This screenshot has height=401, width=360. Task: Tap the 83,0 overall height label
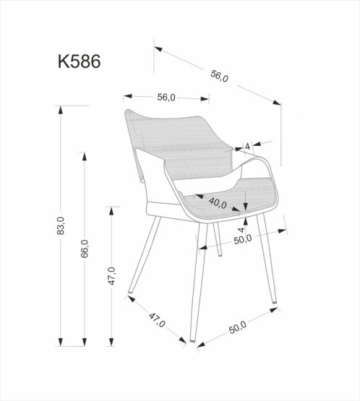[61, 227]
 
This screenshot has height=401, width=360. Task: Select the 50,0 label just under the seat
[241, 238]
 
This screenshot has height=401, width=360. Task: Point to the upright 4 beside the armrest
[247, 147]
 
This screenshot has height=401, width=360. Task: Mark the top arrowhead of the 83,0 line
[61, 109]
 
